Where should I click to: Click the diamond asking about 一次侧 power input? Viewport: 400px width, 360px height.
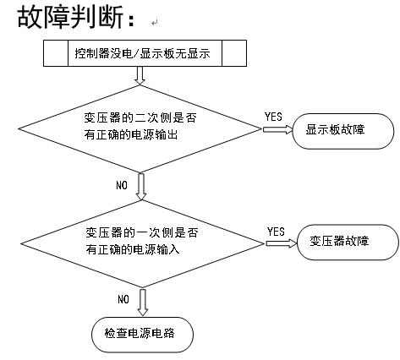(141, 242)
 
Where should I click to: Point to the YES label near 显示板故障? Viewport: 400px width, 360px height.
(273, 116)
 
